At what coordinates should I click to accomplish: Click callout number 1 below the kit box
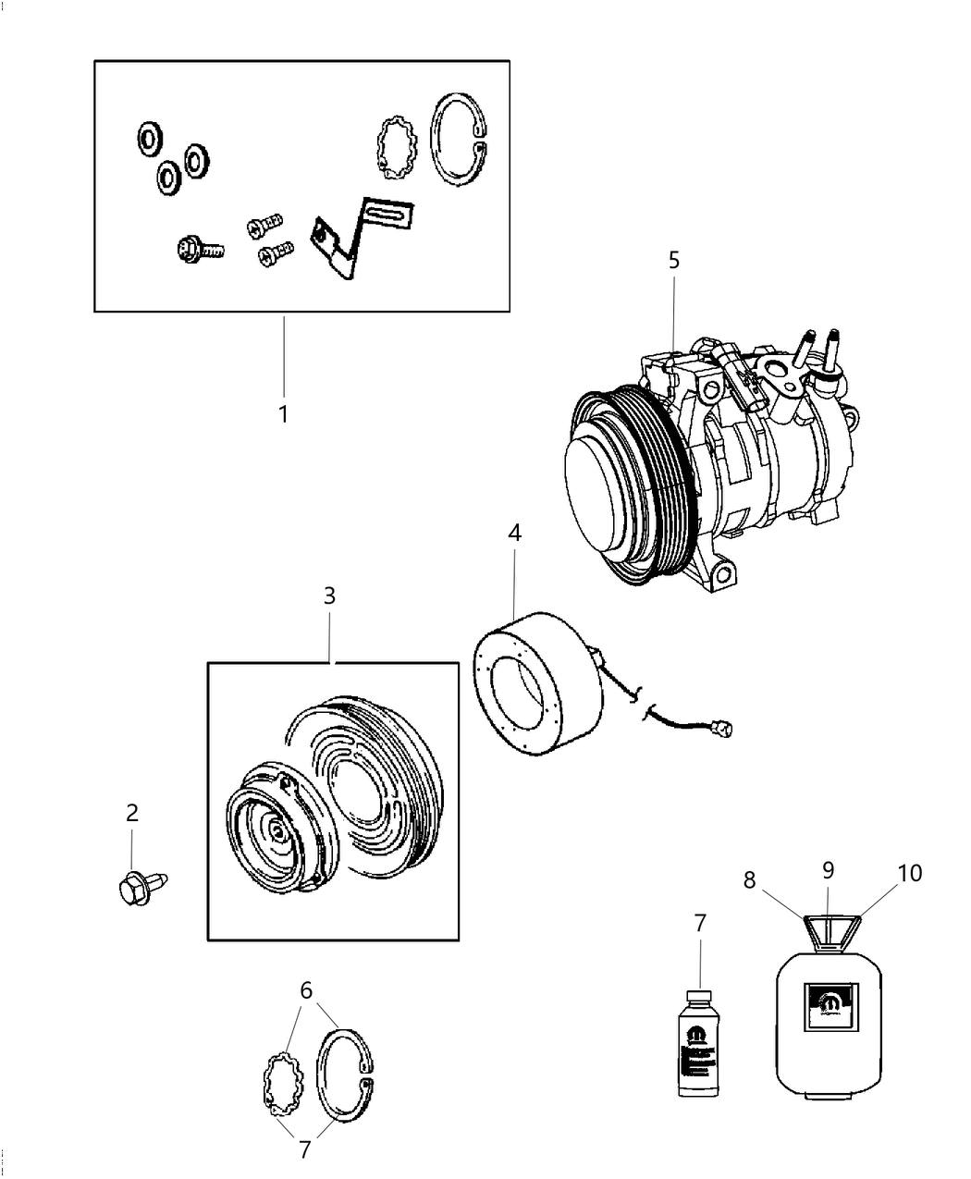(284, 413)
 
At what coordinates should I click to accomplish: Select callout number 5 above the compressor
(674, 260)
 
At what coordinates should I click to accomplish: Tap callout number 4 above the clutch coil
(514, 533)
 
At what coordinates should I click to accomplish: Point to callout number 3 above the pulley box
(329, 596)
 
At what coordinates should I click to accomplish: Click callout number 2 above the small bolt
(132, 813)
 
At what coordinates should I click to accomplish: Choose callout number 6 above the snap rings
(306, 990)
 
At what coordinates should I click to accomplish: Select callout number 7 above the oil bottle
(700, 922)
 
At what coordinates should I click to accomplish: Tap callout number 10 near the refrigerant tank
(910, 872)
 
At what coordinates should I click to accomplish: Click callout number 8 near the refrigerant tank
(749, 879)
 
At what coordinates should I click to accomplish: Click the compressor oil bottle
(700, 1045)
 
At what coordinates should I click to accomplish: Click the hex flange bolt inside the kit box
(197, 248)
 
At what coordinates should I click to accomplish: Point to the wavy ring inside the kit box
(396, 147)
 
